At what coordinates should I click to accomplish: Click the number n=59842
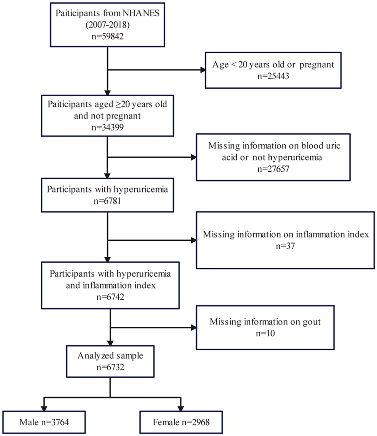(107, 36)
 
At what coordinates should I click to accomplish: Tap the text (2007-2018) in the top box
(107, 25)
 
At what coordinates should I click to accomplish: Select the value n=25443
(273, 76)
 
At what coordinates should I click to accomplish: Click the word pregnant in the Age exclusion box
(317, 65)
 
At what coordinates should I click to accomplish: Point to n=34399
(107, 127)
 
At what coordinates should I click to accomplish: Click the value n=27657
(273, 169)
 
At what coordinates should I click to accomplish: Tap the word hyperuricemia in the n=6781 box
(141, 190)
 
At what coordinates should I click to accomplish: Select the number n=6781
(107, 201)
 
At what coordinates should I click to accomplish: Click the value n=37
(285, 246)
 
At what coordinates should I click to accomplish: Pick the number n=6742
(110, 297)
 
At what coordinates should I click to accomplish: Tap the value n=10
(265, 333)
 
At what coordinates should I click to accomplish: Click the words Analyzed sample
(110, 356)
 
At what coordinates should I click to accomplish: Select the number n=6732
(110, 367)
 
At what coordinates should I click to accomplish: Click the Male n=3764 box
(44, 422)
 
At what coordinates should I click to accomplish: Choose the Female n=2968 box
(181, 422)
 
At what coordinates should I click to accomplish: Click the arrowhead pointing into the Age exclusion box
(203, 70)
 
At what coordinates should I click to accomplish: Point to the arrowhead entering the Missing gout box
(194, 327)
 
